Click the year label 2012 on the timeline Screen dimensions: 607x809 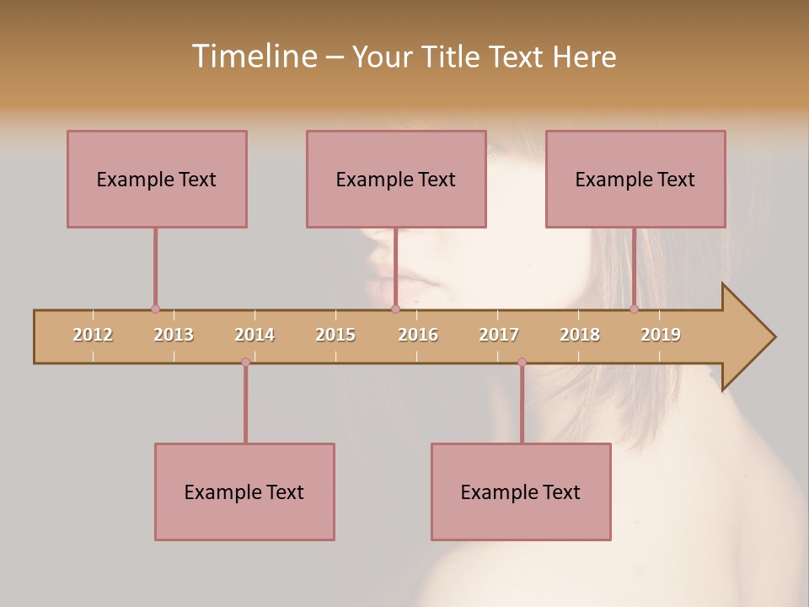[x=93, y=336]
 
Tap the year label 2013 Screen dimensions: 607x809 [x=174, y=336]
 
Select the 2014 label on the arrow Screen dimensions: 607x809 [x=254, y=336]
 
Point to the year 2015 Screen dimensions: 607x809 [x=335, y=336]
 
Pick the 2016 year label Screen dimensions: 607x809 [x=418, y=336]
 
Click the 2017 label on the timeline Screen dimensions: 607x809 [x=499, y=336]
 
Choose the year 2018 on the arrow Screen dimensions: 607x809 [x=580, y=336]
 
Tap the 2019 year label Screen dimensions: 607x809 [x=661, y=336]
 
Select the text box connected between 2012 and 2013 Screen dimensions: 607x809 [x=157, y=179]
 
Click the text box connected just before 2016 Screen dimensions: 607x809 [x=396, y=179]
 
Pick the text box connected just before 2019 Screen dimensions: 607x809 [x=635, y=179]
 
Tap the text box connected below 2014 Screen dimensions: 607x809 [x=244, y=492]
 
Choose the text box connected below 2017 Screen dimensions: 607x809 [x=521, y=492]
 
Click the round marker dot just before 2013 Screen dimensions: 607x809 [x=155, y=309]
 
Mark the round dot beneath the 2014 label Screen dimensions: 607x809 [x=245, y=363]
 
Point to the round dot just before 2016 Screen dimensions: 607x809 [x=395, y=309]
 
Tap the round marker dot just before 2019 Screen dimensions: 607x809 [x=634, y=309]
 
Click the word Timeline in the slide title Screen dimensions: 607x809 [x=254, y=56]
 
